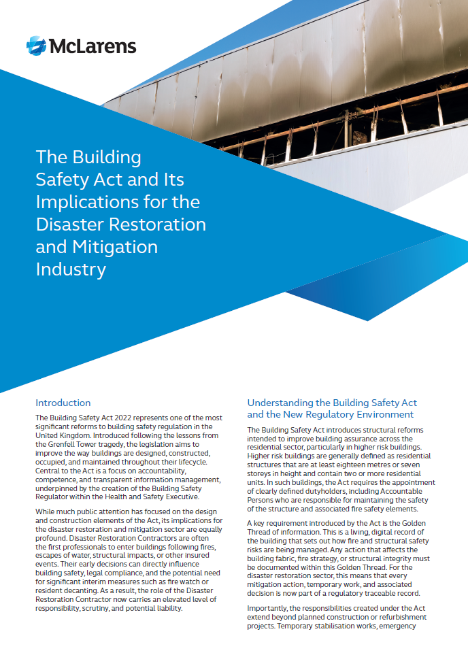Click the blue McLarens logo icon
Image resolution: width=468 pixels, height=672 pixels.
coord(36,46)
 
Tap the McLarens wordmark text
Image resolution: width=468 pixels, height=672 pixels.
coord(92,46)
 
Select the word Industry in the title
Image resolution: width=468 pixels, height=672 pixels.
coord(71,269)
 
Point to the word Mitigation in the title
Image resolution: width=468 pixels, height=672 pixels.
coord(114,246)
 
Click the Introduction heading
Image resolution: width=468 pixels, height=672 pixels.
coord(63,403)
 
